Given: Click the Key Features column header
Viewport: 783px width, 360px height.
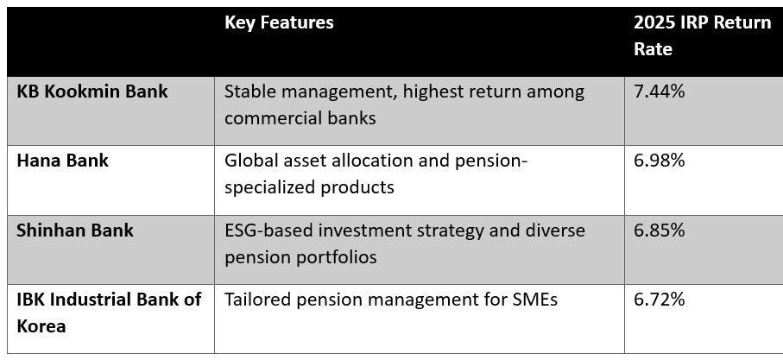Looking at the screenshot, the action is pos(279,22).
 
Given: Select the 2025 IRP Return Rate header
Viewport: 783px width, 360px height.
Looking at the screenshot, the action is pos(702,35).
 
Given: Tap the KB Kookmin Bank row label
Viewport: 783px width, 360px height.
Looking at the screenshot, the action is pos(92,92).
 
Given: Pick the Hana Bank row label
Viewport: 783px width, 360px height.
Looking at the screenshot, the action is pos(62,161).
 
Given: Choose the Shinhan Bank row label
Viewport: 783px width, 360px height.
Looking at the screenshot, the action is pos(75,231).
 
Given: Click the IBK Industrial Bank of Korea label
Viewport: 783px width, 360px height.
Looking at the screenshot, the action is pos(109,313).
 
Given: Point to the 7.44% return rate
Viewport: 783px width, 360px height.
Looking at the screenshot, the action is pos(660,92).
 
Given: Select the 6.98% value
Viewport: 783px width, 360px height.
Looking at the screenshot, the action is pos(660,161).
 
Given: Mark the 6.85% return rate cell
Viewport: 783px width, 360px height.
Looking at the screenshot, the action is pos(660,231).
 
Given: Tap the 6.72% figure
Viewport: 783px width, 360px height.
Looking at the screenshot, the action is pos(660,300).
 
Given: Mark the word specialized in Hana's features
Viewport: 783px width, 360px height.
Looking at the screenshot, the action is pos(269,187).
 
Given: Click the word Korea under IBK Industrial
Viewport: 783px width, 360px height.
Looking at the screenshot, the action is pos(41,326).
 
